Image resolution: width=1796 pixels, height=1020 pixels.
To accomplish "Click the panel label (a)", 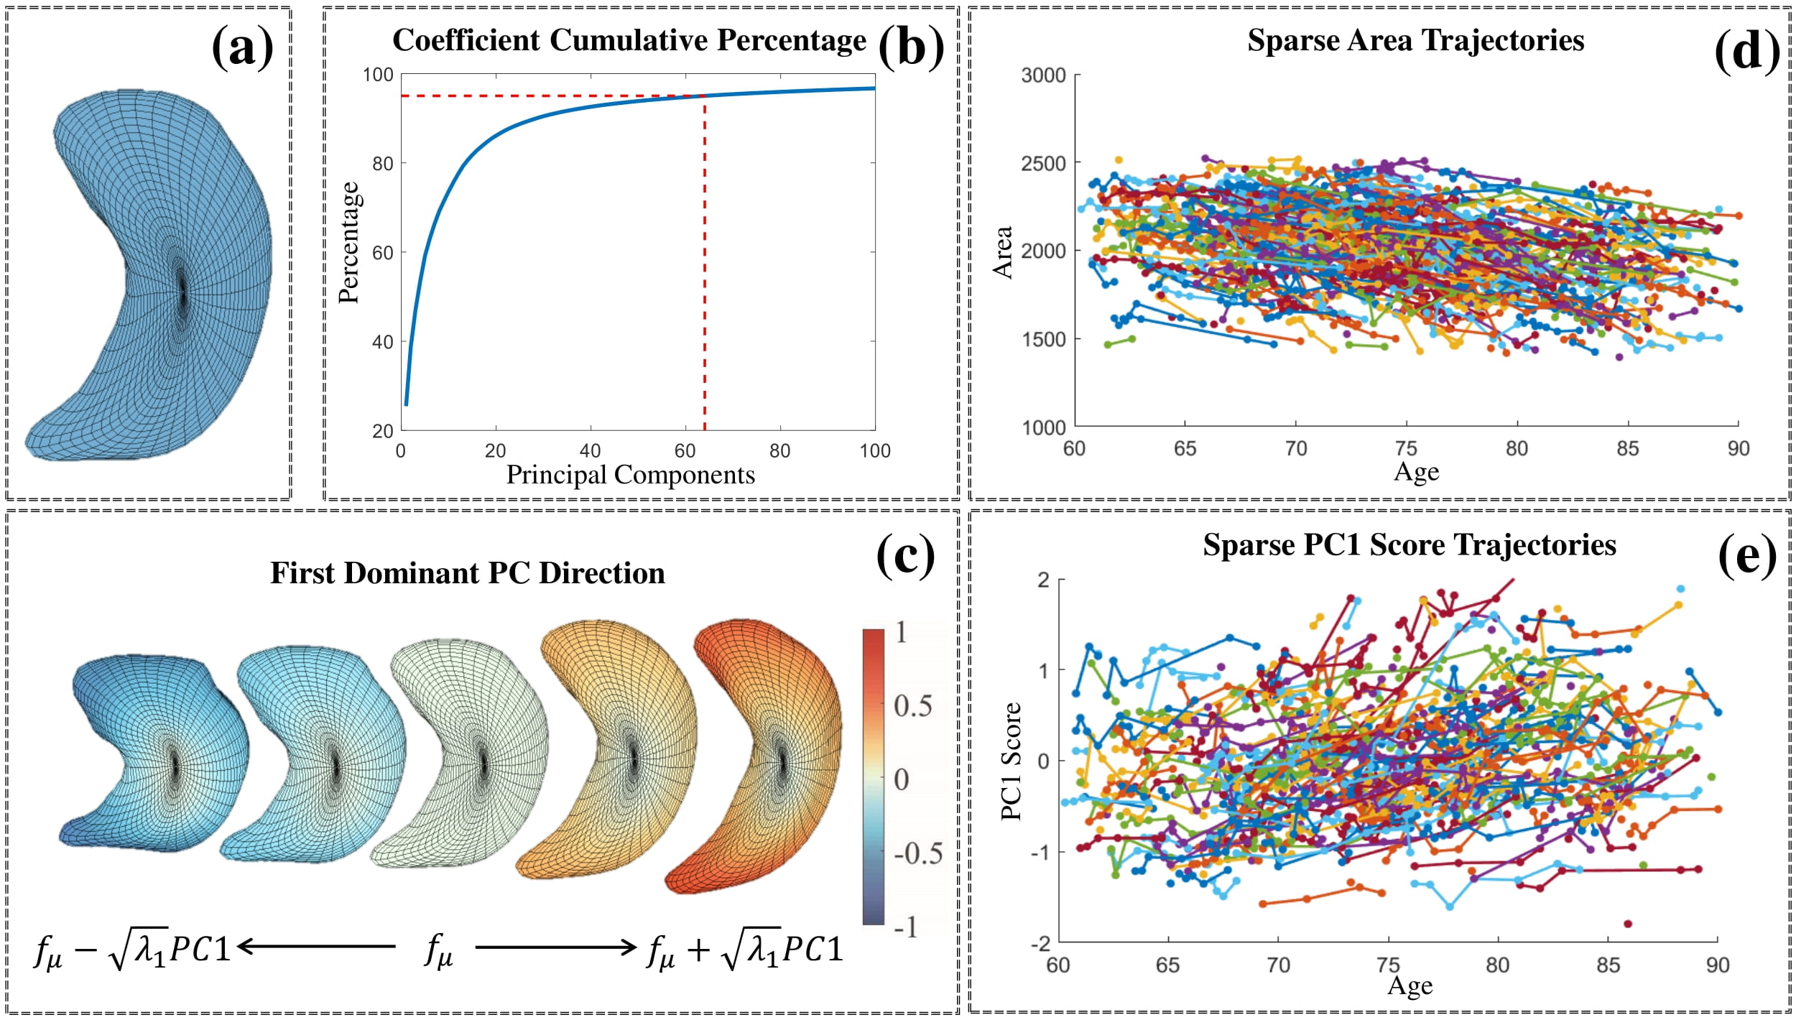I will click(x=242, y=47).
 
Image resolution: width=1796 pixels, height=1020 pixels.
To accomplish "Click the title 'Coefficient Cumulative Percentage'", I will click(x=629, y=40).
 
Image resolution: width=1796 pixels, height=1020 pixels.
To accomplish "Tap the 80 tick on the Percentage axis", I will click(x=382, y=164).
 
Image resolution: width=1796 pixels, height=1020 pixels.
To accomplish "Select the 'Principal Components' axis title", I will click(x=630, y=475).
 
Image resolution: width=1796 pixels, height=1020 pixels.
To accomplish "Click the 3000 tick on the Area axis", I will click(x=1043, y=75).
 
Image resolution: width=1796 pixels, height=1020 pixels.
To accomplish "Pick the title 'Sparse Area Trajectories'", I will click(x=1415, y=40).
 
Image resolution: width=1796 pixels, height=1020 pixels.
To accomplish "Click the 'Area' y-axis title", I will click(x=1003, y=251).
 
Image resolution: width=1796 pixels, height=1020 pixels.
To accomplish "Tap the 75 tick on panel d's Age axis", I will click(x=1406, y=448).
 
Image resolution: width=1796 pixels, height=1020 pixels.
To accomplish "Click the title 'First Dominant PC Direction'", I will click(x=467, y=573).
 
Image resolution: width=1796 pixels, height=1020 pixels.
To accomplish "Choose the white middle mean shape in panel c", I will click(x=467, y=751).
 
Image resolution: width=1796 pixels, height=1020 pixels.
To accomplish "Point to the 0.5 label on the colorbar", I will click(x=912, y=706).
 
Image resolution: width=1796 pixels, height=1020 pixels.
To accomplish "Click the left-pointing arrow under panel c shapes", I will click(x=316, y=946).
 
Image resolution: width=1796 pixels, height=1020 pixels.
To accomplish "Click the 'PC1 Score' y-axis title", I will click(x=1011, y=761).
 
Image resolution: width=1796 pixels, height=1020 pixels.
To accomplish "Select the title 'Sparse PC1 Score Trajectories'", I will click(x=1410, y=545).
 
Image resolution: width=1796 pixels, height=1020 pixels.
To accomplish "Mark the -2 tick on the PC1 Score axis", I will click(x=1040, y=943).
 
